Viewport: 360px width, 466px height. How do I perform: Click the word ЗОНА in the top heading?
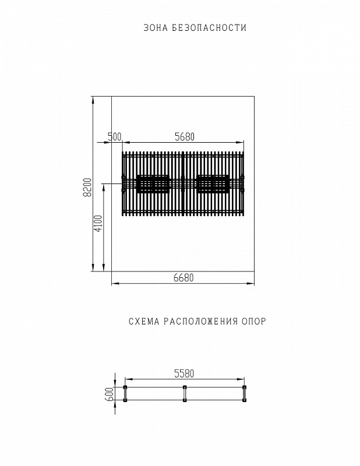point(153,28)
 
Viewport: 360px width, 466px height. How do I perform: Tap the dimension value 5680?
point(184,137)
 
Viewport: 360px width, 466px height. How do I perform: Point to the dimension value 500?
point(114,137)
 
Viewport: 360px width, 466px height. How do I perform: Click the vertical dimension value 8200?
point(87,187)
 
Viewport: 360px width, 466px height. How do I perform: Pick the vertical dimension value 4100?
point(98,224)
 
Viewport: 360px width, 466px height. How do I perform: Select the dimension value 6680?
point(183,278)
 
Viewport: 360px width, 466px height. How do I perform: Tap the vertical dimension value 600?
point(109,394)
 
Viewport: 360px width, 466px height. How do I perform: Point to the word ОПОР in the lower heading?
point(253,322)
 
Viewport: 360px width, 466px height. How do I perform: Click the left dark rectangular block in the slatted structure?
point(153,183)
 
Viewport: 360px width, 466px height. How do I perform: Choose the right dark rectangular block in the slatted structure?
point(213,183)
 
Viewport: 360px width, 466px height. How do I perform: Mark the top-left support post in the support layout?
point(124,388)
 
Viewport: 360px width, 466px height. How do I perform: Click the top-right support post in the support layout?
point(245,388)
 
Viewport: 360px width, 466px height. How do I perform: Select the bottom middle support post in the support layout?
point(185,400)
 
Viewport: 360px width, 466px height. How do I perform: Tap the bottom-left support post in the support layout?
point(124,400)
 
